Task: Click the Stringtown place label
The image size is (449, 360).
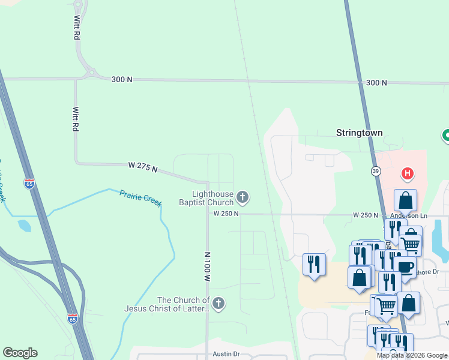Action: point(359,133)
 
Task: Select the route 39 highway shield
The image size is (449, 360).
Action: point(376,171)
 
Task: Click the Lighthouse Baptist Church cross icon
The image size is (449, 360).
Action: point(243,196)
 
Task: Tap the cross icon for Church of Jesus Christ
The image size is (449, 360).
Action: point(218,304)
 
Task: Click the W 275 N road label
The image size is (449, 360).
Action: point(142,167)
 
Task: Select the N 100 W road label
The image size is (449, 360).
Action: point(208,267)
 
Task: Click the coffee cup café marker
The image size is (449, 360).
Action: point(405,267)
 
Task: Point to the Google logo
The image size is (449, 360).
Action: point(20,353)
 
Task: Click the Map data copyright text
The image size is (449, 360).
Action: point(412,355)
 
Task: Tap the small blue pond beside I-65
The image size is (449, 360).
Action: point(24,226)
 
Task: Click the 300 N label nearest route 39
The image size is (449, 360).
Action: point(376,83)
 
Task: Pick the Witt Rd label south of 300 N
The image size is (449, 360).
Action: point(76,119)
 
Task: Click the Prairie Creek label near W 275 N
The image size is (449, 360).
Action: point(140,198)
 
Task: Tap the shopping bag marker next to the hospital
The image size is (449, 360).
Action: point(405,202)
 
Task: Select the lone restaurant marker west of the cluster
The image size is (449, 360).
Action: point(314,265)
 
